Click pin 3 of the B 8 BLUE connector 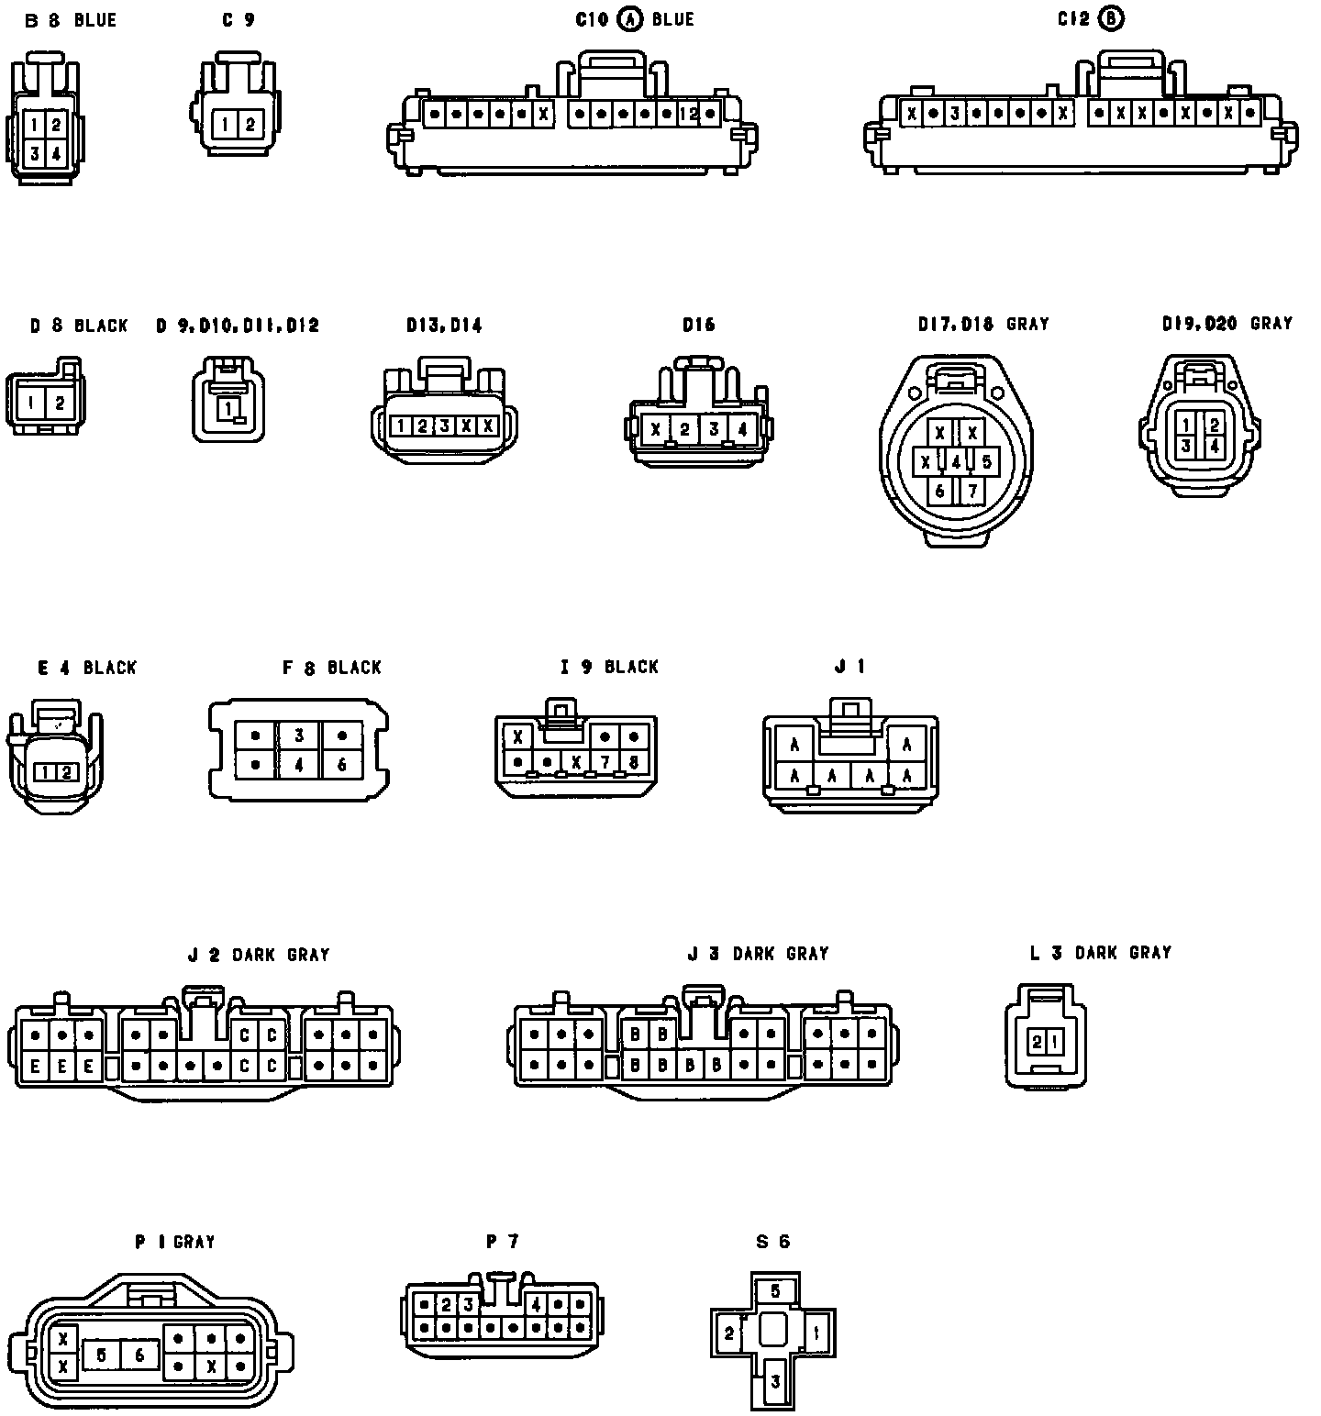[34, 154]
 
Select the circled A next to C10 [630, 19]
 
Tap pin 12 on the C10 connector [689, 115]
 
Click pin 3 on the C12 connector [955, 114]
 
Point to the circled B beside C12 [1111, 18]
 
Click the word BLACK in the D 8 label [101, 326]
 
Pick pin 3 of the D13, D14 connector [444, 426]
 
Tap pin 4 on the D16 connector [742, 428]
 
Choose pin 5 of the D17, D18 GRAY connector [986, 461]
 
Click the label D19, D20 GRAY [1227, 324]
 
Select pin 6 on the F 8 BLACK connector [342, 763]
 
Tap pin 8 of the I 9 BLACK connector [634, 761]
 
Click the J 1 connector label [849, 667]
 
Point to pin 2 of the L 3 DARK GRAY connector [1037, 1041]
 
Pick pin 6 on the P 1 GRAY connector [139, 1355]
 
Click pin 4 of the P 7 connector [535, 1304]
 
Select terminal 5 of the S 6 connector [775, 1291]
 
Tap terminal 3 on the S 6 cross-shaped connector [775, 1381]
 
